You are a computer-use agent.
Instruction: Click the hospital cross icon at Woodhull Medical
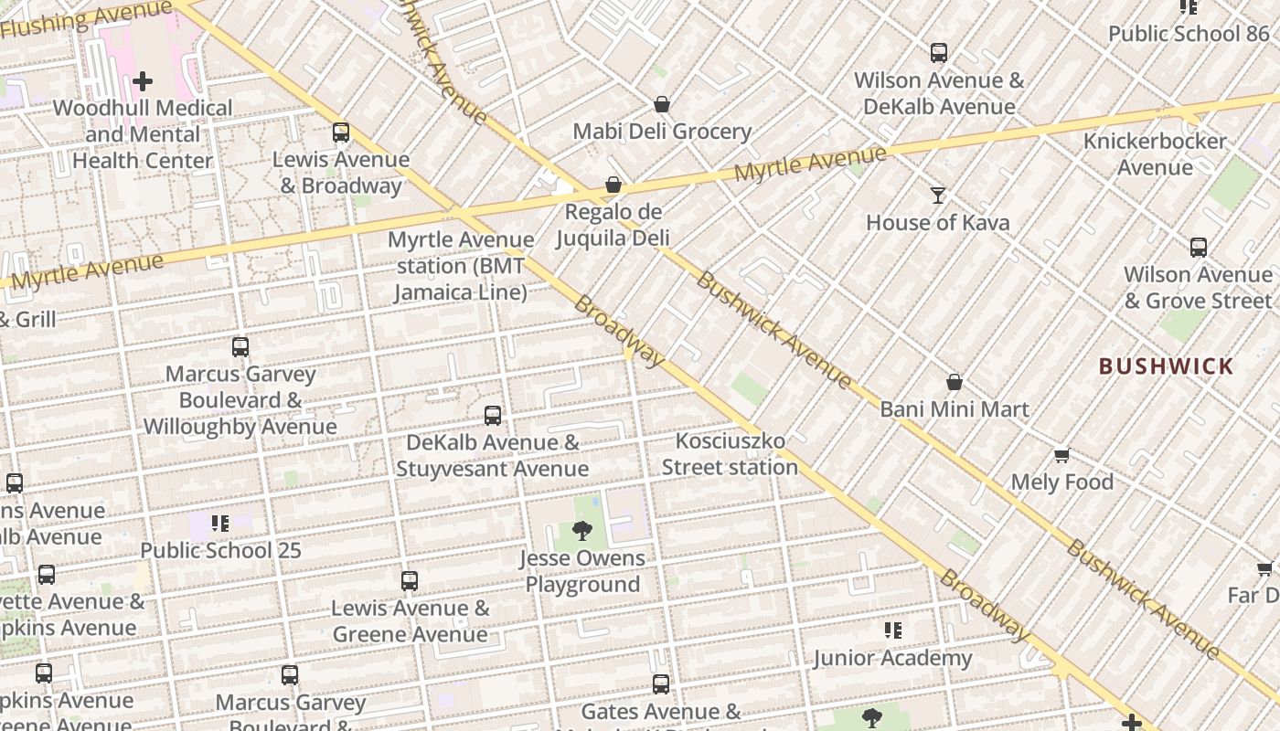(x=143, y=81)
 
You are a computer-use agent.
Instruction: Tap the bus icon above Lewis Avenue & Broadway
(x=341, y=132)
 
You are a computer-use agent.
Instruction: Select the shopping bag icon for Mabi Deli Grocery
(x=662, y=105)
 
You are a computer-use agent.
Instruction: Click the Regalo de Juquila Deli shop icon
(x=613, y=185)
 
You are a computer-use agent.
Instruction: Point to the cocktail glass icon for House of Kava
(x=937, y=195)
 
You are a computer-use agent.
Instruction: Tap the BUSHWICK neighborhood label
(x=1166, y=367)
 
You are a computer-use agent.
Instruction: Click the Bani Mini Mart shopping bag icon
(x=955, y=382)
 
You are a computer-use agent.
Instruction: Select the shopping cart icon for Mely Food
(x=1061, y=455)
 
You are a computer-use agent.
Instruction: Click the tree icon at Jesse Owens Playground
(x=581, y=531)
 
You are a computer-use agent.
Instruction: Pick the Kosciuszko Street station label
(x=730, y=454)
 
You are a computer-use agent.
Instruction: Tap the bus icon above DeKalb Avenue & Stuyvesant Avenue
(x=492, y=416)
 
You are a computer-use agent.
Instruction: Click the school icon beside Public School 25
(x=220, y=524)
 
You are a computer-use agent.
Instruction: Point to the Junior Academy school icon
(x=893, y=630)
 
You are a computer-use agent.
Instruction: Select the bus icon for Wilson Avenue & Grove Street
(x=1198, y=247)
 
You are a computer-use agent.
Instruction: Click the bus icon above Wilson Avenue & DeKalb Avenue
(x=939, y=53)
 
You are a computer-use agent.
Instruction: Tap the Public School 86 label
(x=1189, y=34)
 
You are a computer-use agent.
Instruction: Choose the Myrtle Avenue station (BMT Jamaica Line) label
(x=461, y=266)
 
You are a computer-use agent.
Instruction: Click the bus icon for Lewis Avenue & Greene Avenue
(x=410, y=581)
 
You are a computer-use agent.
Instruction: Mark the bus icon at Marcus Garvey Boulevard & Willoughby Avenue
(x=240, y=347)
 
